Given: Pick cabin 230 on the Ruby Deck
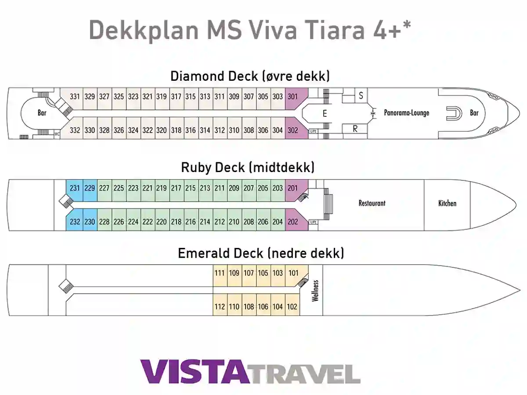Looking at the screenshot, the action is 90,222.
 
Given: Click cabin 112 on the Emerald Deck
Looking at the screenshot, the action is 220,307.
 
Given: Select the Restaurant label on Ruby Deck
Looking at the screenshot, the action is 372,203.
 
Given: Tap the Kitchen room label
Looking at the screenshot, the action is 447,203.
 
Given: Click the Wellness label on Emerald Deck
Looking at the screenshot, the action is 315,291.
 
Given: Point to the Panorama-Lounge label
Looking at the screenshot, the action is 407,113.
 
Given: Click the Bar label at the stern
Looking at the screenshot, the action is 42,113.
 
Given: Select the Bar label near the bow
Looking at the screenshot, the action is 474,113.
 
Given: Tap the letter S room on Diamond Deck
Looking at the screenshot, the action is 361,96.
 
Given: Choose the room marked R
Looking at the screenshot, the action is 355,129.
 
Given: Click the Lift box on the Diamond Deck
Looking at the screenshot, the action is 313,131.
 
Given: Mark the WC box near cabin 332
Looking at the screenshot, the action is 57,134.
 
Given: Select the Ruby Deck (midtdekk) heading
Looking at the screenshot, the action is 248,167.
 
